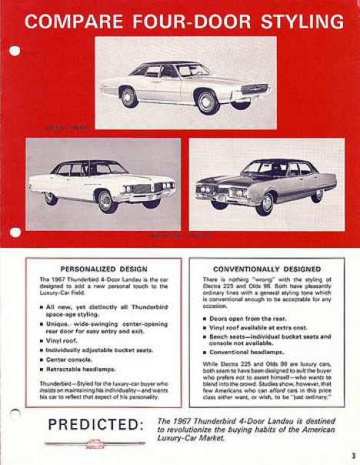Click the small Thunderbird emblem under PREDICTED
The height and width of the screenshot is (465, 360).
95,443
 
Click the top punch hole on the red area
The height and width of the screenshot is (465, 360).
15,51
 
